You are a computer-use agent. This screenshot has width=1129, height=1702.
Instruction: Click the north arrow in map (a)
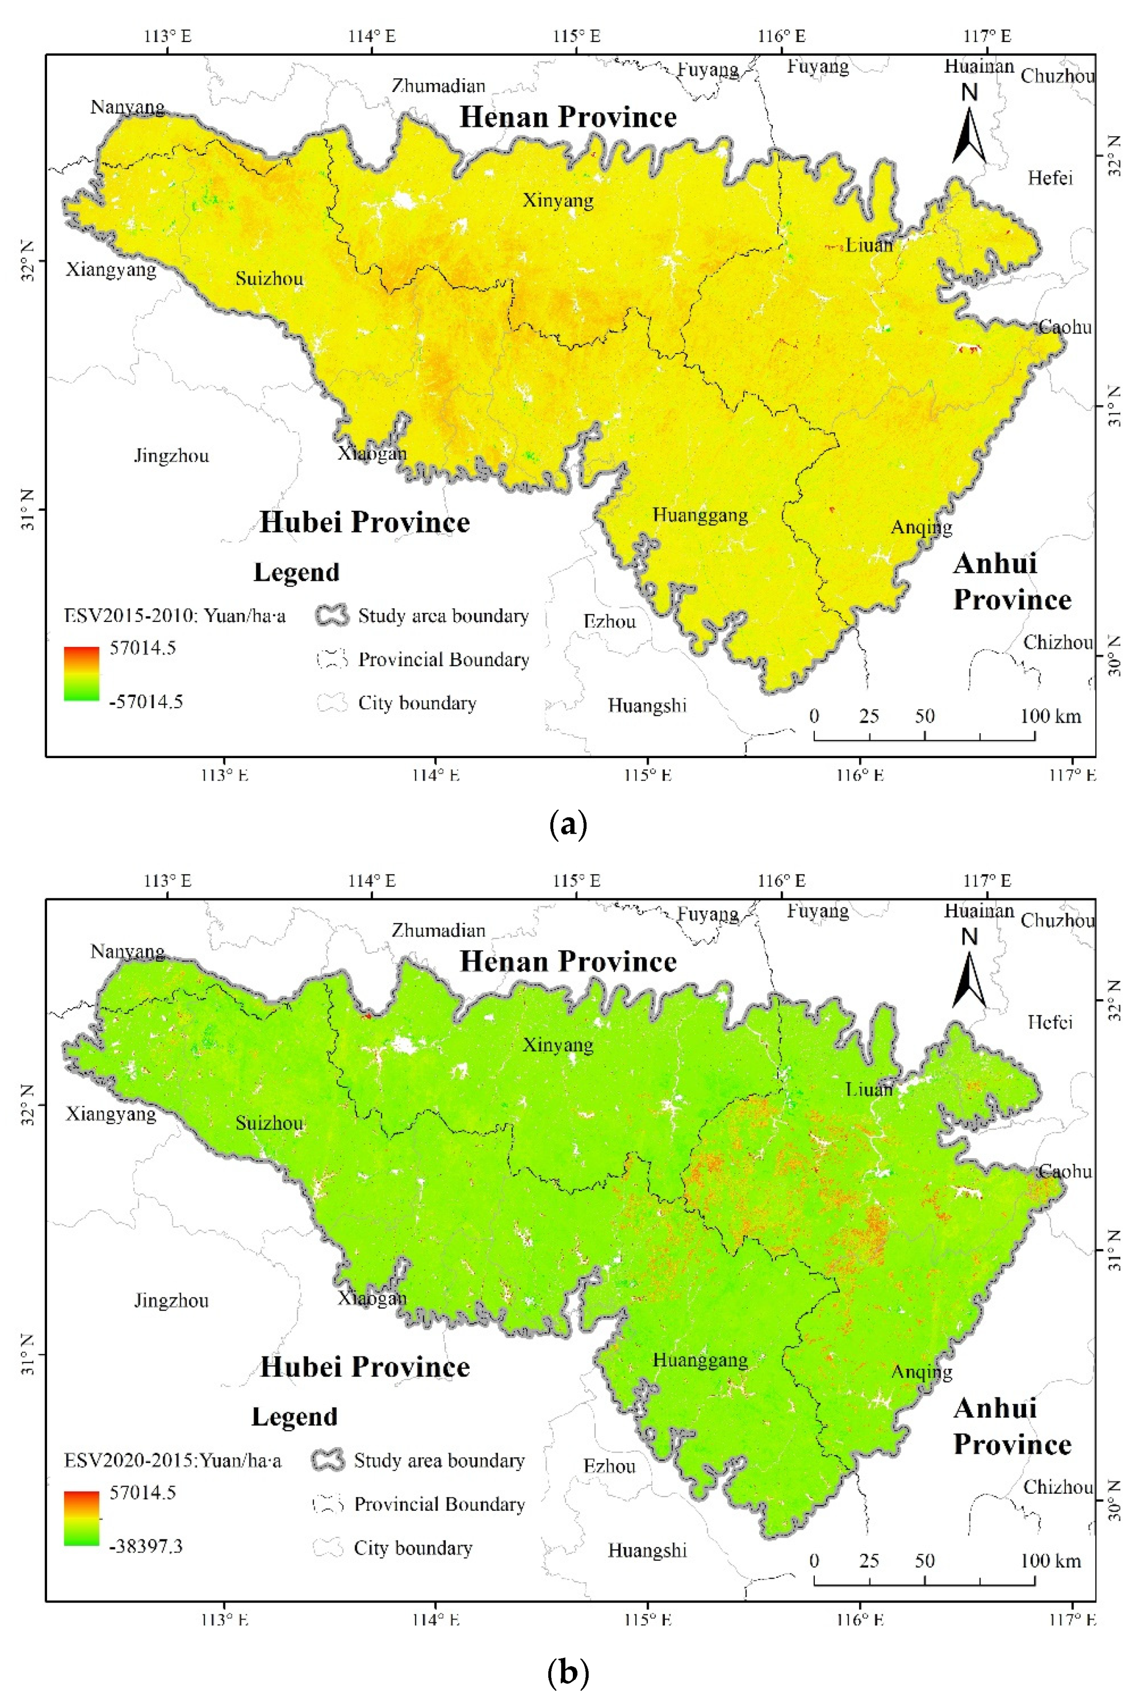970,133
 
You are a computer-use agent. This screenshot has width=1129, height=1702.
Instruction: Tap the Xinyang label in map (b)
558,1044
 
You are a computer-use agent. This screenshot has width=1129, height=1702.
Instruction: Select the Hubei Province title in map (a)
365,522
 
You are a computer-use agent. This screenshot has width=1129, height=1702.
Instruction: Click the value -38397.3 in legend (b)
146,1546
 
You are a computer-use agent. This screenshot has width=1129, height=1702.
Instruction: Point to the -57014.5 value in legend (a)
146,701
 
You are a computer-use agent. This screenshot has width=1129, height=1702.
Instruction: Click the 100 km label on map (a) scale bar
1051,716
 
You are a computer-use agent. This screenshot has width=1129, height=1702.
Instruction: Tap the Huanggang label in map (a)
700,515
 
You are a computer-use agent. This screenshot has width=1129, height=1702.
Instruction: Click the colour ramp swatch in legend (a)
81,673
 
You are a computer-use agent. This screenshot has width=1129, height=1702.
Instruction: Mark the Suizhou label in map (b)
270,1123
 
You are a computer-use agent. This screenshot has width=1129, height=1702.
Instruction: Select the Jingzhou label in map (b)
172,1300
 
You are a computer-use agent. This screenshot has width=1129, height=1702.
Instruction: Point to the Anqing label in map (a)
922,527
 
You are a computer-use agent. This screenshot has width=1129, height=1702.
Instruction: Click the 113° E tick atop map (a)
169,36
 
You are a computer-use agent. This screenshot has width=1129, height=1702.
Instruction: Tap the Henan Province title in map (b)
568,961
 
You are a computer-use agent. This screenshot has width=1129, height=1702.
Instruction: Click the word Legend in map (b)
295,1416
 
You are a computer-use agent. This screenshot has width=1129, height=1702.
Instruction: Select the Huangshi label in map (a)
647,705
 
